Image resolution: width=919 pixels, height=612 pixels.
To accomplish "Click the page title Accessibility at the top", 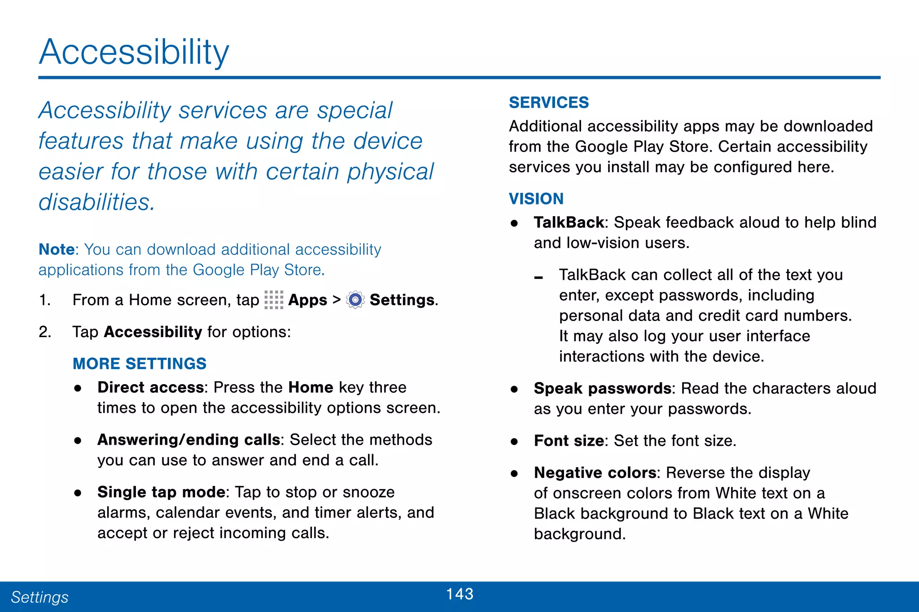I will pos(134,52).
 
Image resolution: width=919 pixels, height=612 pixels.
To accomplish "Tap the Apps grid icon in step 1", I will pos(274,300).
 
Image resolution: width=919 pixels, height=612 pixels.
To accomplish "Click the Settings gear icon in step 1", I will pos(355,300).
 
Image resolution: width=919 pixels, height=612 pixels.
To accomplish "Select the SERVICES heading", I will pos(548,103).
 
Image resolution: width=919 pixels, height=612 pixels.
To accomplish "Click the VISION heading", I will pos(536,199).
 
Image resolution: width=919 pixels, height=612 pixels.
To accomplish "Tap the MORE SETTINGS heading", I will pos(139,364).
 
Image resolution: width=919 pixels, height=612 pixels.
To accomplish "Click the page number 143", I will pos(459,594).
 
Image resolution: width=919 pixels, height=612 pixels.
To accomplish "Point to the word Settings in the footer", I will pos(39,597).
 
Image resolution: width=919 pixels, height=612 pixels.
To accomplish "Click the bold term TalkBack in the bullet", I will pos(569,222).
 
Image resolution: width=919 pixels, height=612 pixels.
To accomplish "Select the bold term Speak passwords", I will pos(602,388).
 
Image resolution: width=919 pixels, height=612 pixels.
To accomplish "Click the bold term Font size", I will pos(569,441).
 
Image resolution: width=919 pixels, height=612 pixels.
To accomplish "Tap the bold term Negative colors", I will pos(595,473).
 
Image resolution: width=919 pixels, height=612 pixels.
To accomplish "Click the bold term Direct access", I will pos(150,387).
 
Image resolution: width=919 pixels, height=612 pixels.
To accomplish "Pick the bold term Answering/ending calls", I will pos(188,440).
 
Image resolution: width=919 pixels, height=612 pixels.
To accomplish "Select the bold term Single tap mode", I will pos(161,492).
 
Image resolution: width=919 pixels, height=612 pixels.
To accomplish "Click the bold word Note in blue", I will pos(57,249).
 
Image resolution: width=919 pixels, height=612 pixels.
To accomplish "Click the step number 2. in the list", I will pos(45,332).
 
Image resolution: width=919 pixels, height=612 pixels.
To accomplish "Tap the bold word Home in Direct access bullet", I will pos(311,387).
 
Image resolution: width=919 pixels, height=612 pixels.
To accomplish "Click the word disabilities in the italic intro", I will pos(96,202).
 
